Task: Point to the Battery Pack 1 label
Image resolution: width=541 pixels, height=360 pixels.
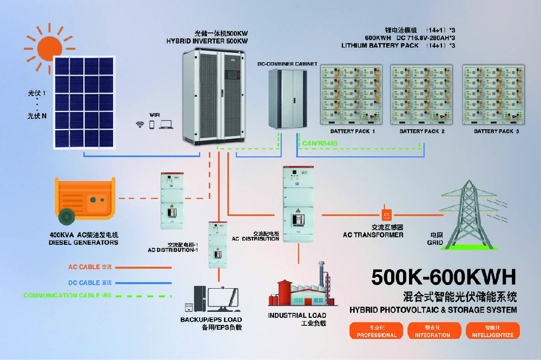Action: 352,131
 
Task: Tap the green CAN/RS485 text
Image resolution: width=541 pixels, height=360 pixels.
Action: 316,143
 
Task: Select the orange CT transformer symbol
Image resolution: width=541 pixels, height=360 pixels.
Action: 386,215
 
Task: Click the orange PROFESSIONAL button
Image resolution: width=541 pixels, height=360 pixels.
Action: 376,330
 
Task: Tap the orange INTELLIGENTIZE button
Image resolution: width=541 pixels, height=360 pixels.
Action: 493,330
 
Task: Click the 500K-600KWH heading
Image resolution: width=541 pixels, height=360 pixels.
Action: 443,276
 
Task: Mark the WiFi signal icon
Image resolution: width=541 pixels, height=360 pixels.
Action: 140,124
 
